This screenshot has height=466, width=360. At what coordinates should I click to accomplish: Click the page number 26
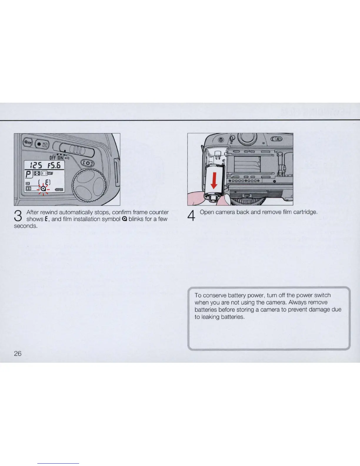pyautogui.click(x=18, y=353)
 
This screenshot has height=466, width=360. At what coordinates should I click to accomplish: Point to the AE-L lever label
pyautogui.click(x=278, y=139)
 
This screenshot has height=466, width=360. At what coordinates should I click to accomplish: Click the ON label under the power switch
pyautogui.click(x=60, y=157)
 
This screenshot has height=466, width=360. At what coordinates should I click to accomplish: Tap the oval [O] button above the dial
pyautogui.click(x=88, y=163)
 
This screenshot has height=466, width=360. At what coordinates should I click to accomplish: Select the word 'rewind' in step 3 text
pyautogui.click(x=49, y=212)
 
